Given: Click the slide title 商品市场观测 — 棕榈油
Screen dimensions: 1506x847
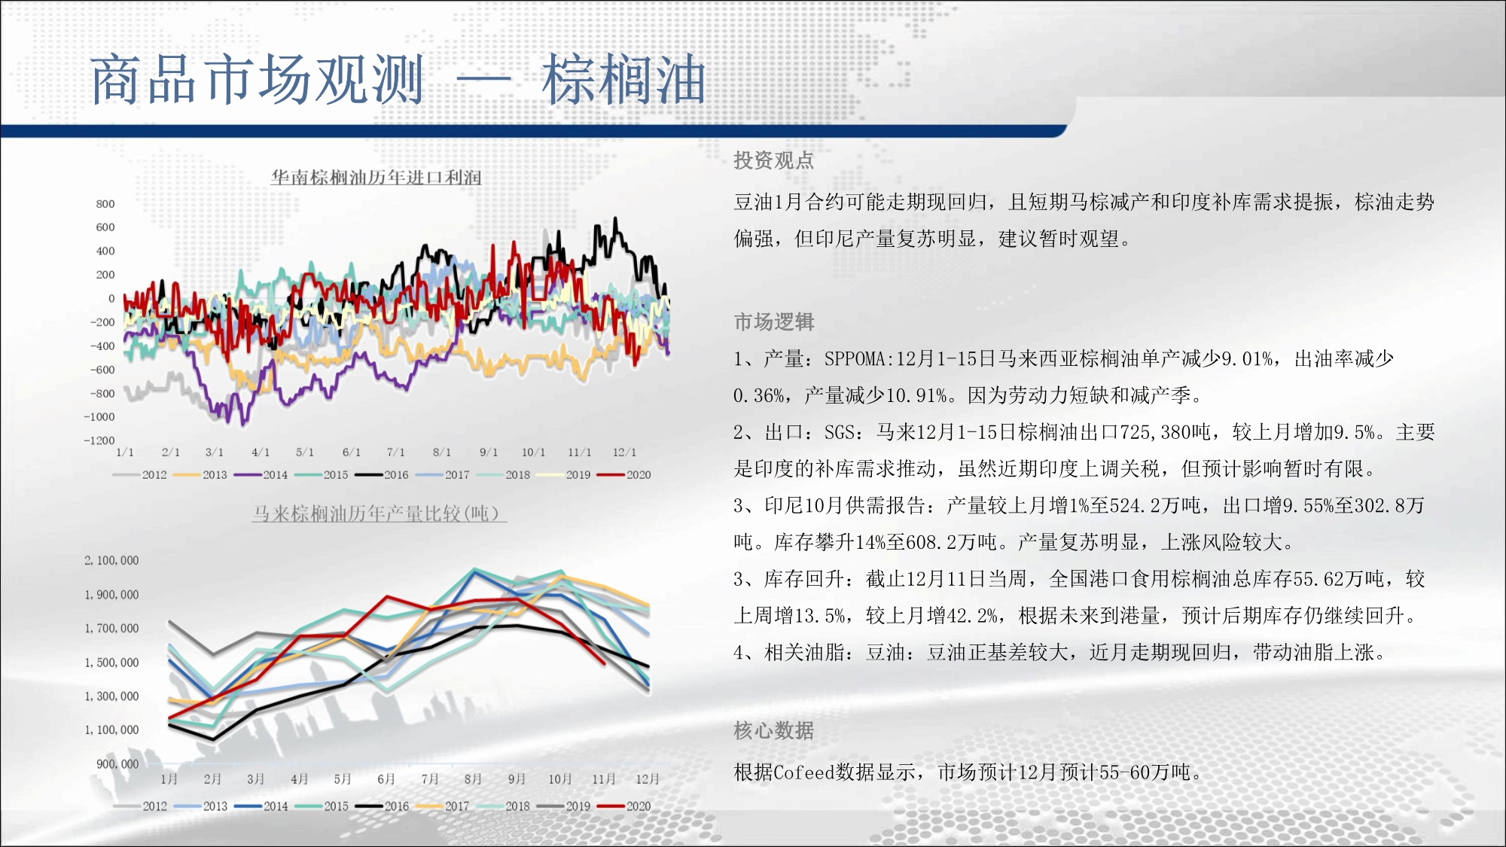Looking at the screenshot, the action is tap(398, 79).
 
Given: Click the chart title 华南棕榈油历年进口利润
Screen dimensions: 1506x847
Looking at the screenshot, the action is tap(376, 177).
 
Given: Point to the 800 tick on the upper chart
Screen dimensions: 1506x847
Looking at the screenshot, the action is tap(105, 204).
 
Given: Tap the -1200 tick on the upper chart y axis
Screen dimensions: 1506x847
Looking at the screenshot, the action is tap(99, 440).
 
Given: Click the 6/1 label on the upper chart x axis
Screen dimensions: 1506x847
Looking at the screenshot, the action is tap(352, 452).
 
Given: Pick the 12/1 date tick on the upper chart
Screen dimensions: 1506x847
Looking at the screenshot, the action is tap(624, 452).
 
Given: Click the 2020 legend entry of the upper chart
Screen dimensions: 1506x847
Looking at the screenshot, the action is tap(624, 474).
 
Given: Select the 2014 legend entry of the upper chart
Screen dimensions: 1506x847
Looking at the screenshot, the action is tap(261, 474).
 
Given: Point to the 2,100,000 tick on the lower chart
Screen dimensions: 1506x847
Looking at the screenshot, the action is tap(111, 561).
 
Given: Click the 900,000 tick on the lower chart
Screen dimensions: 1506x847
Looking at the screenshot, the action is tap(117, 764).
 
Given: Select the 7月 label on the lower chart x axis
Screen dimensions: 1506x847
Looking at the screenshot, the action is tap(430, 779).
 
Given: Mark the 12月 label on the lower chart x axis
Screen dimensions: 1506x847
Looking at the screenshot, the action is tap(648, 779).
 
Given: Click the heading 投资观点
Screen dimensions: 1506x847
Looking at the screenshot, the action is tap(774, 160).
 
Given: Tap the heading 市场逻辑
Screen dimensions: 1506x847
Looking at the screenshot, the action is tap(774, 322).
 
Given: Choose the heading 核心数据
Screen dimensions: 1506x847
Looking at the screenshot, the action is tap(774, 730).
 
